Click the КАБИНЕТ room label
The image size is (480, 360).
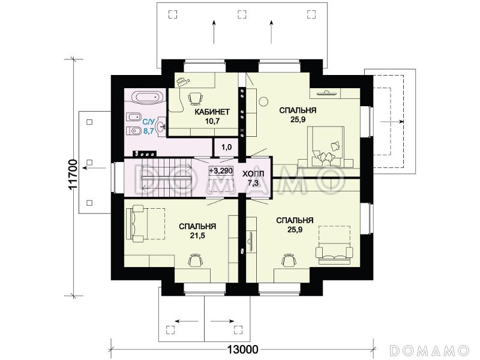pyautogui.click(x=212, y=112)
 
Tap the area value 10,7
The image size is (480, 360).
pyautogui.click(x=212, y=121)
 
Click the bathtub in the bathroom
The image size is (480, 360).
pyautogui.click(x=148, y=98)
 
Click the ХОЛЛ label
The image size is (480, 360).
pyautogui.click(x=253, y=174)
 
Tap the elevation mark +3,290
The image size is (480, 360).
pyautogui.click(x=221, y=170)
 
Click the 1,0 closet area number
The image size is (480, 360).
pyautogui.click(x=226, y=147)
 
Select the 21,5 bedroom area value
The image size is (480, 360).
pyautogui.click(x=197, y=236)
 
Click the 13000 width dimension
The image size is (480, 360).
pyautogui.click(x=243, y=349)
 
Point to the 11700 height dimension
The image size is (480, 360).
pyautogui.click(x=73, y=175)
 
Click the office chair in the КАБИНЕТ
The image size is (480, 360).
pyautogui.click(x=194, y=98)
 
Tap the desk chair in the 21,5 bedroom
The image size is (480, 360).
pyautogui.click(x=196, y=260)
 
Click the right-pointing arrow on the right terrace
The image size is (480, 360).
pyautogui.click(x=392, y=122)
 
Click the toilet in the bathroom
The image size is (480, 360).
pyautogui.click(x=133, y=131)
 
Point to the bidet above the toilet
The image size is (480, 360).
pyautogui.click(x=133, y=117)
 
